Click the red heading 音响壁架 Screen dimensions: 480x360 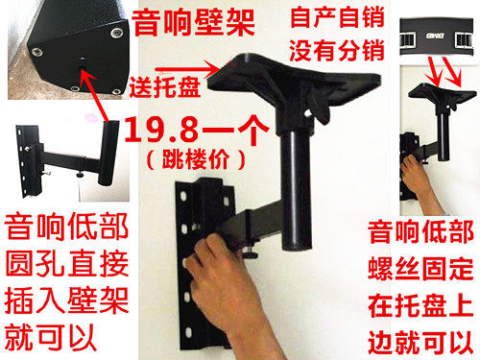click(x=193, y=22)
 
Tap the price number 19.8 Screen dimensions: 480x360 click(x=161, y=130)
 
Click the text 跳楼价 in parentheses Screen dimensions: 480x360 click(x=196, y=159)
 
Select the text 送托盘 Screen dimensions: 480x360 click(x=165, y=86)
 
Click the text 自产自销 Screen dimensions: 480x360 click(x=337, y=17)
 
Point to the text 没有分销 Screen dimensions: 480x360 click(x=337, y=50)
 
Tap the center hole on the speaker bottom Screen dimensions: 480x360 click(x=83, y=61)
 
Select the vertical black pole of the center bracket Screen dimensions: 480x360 click(x=297, y=189)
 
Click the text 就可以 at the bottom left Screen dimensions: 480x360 click(x=50, y=338)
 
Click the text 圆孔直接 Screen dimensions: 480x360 click(x=66, y=263)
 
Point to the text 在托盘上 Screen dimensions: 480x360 click(x=420, y=305)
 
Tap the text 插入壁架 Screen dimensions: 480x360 click(x=66, y=300)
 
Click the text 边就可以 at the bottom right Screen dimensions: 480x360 click(x=420, y=342)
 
